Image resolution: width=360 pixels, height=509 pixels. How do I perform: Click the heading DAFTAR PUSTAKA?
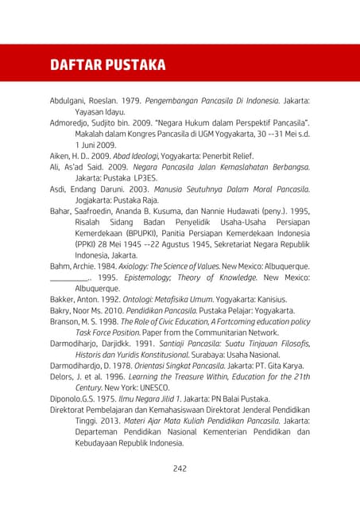click(x=107, y=64)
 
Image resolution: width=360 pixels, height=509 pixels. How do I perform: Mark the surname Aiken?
click(x=62, y=157)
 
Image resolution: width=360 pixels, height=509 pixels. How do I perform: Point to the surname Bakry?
click(x=62, y=310)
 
